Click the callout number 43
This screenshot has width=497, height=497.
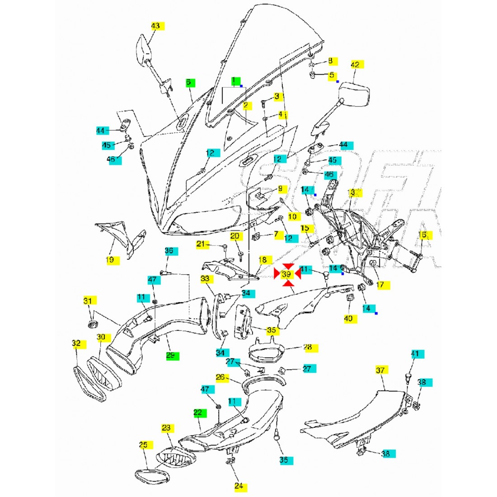(155, 26)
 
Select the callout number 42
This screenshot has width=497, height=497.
(355, 65)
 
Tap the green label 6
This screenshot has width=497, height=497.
(190, 83)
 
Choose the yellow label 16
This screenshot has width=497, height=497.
(422, 235)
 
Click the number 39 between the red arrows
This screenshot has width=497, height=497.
(286, 274)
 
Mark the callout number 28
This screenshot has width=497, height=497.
(307, 347)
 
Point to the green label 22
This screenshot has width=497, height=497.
(198, 413)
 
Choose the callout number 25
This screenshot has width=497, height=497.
(143, 445)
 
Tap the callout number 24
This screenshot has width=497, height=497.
(239, 486)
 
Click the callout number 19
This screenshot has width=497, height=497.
(110, 260)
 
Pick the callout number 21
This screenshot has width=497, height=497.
(203, 244)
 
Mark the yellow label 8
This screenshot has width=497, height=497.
(330, 61)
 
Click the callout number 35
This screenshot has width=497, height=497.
(272, 330)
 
